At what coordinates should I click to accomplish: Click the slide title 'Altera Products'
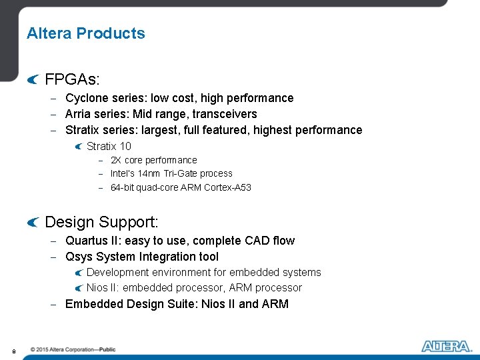(x=85, y=33)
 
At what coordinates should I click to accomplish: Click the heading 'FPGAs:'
(x=72, y=80)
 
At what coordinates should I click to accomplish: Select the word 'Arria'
(x=79, y=114)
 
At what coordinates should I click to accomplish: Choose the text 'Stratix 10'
(x=109, y=146)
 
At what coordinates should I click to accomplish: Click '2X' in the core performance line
(x=116, y=160)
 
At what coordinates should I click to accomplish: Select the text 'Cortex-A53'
(x=229, y=187)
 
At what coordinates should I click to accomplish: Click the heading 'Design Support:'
(x=101, y=222)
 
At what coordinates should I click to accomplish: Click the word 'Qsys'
(x=79, y=257)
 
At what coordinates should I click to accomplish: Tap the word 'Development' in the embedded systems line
(x=117, y=272)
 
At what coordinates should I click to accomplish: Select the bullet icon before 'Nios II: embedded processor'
(x=79, y=288)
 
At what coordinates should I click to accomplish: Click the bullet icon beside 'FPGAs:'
(x=33, y=80)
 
